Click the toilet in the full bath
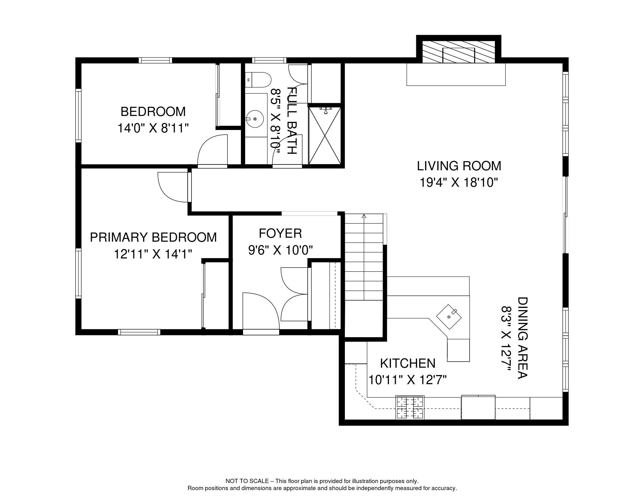point(259,80)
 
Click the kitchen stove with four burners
point(410,407)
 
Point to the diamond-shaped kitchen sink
point(449,317)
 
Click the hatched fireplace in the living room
point(458,55)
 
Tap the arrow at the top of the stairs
point(364,216)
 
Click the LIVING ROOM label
point(459,166)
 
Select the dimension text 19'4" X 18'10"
point(459,183)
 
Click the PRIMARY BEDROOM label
point(153,237)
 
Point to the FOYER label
point(280,233)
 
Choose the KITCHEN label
point(407,363)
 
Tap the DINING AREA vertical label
point(522,338)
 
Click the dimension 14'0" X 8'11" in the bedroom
point(153,128)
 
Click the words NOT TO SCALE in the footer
point(247,481)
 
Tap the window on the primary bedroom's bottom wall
point(139,332)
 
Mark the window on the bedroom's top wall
point(155,60)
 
